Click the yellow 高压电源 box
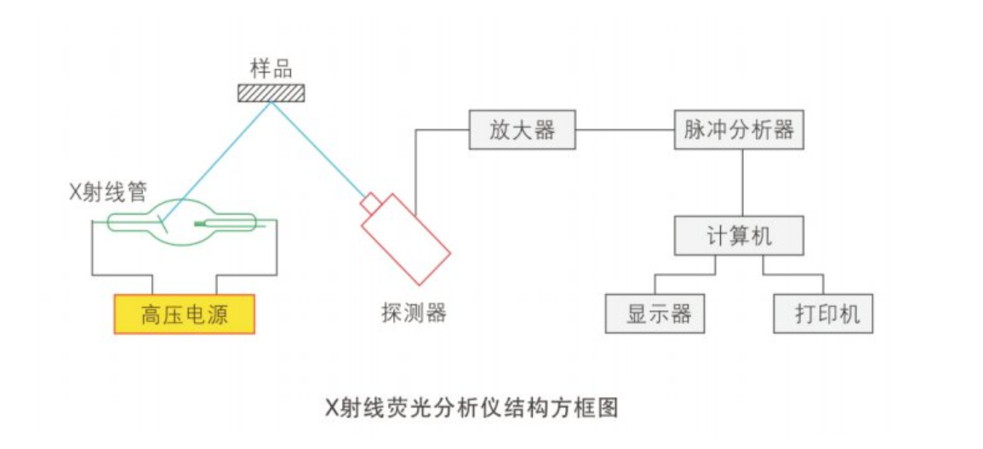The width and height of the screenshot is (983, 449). pyautogui.click(x=185, y=314)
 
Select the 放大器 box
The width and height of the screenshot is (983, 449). pyautogui.click(x=523, y=130)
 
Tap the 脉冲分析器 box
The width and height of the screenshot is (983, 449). pyautogui.click(x=739, y=130)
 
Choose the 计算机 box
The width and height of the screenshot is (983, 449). pyautogui.click(x=739, y=235)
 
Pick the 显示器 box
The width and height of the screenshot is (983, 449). pyautogui.click(x=655, y=314)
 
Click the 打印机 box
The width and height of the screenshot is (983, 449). pyautogui.click(x=823, y=314)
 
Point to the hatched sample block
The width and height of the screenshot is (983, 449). pyautogui.click(x=271, y=93)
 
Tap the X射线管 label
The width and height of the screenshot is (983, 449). pyautogui.click(x=108, y=193)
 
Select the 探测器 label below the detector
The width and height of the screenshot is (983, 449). pyautogui.click(x=414, y=312)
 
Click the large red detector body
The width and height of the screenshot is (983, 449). pyautogui.click(x=406, y=239)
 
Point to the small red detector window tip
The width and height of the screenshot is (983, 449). pyautogui.click(x=370, y=203)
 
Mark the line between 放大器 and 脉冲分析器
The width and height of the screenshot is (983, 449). pyautogui.click(x=625, y=130)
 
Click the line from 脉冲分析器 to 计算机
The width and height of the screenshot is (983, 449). pyautogui.click(x=743, y=182)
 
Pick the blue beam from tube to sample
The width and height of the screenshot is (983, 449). pyautogui.click(x=219, y=158)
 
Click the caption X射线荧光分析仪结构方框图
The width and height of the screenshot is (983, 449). pyautogui.click(x=471, y=408)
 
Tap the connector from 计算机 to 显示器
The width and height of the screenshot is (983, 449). pyautogui.click(x=684, y=274)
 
